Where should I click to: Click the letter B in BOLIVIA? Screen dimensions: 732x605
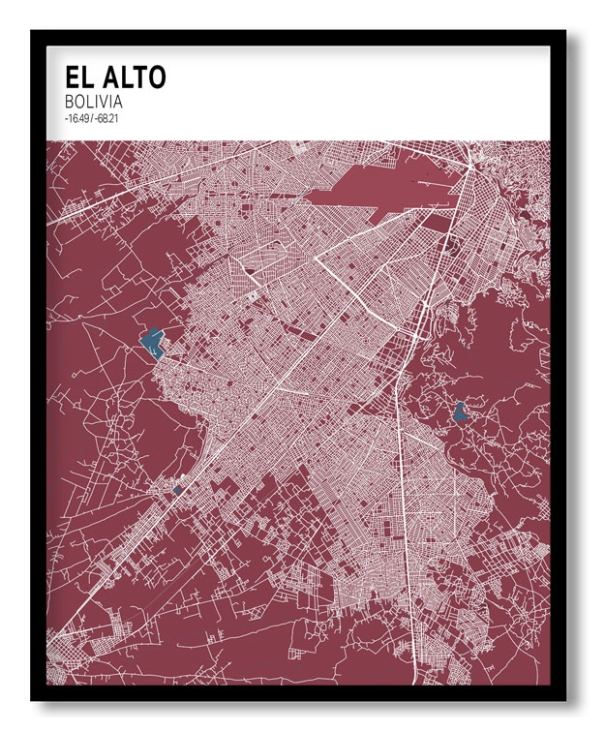click(69, 102)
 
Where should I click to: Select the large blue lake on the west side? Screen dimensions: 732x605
click(151, 341)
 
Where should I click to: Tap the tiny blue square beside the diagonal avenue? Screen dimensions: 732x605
click(177, 491)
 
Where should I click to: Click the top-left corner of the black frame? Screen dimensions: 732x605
click(33, 32)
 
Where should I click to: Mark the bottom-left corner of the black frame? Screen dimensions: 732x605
click(33, 699)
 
